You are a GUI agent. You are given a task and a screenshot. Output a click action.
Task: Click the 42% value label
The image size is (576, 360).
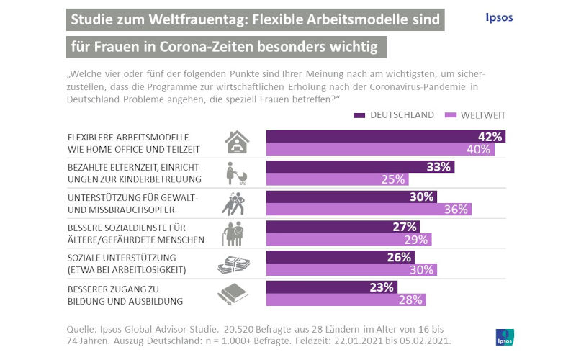tap(490, 137)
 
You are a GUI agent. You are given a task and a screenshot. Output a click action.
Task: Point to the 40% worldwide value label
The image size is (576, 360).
tap(480, 150)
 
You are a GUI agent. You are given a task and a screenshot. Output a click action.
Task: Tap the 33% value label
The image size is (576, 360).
tap(439, 167)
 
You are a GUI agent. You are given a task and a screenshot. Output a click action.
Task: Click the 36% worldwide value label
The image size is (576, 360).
tap(457, 210)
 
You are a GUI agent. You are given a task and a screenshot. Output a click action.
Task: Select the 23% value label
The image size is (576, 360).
tap(383, 287)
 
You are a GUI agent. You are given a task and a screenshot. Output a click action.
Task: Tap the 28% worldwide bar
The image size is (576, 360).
tap(346, 300)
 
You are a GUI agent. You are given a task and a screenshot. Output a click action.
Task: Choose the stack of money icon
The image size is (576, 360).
tap(235, 264)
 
